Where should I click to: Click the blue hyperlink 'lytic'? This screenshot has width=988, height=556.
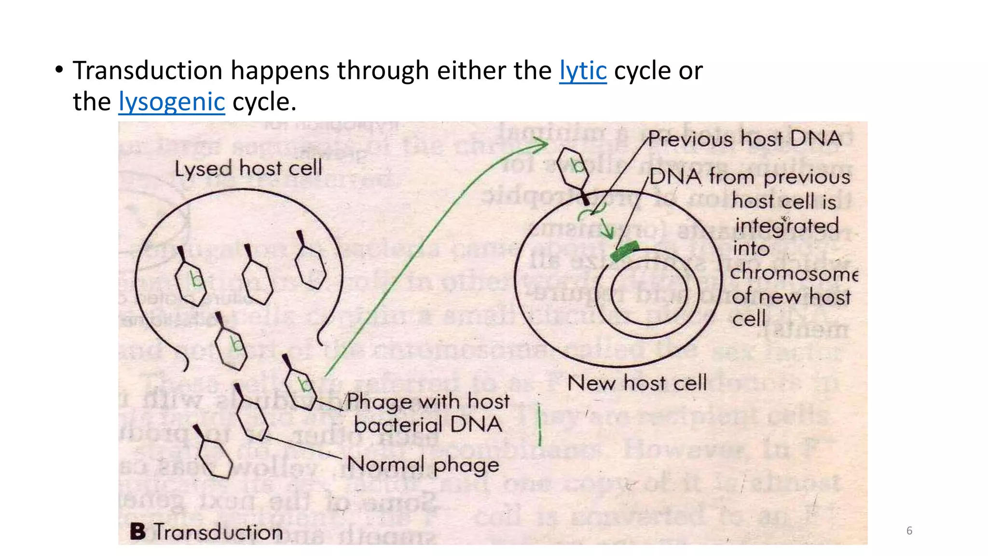tap(582, 71)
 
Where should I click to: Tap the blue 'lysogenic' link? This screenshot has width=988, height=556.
tap(172, 102)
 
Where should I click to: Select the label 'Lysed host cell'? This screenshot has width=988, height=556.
tap(248, 168)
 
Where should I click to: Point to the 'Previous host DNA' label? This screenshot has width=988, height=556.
tap(744, 139)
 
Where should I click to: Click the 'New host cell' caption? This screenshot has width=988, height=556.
tap(637, 383)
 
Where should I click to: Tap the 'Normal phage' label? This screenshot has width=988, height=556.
tap(423, 465)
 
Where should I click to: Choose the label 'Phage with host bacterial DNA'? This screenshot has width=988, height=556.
tap(427, 413)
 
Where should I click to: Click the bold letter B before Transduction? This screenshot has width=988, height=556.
tap(137, 531)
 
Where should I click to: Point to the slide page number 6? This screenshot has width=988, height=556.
tap(909, 531)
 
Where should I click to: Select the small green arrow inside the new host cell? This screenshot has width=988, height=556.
tap(606, 227)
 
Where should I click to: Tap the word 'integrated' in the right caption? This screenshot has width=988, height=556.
tap(786, 226)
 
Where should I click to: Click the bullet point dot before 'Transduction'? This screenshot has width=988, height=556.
tap(59, 70)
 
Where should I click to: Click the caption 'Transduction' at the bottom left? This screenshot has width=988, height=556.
tap(218, 532)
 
